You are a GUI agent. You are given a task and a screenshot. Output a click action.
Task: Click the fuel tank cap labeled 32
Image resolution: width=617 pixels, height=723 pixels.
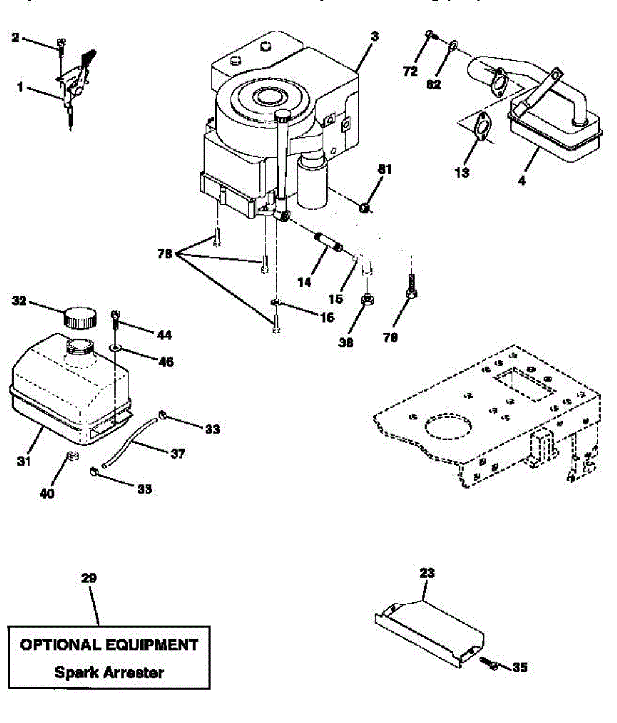[x=80, y=317]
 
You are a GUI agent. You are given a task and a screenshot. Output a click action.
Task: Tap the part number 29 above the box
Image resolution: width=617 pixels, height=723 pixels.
[x=89, y=578]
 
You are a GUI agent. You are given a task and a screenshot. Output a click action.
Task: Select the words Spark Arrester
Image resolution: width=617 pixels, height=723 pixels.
[x=109, y=672]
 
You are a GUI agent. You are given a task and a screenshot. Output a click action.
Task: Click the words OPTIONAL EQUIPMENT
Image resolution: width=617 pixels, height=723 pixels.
[x=109, y=645]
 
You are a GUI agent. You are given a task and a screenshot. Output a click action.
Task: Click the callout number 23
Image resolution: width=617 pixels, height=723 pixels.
[x=427, y=572]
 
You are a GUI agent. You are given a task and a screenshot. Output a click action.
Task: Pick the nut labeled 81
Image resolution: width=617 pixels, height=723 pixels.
[x=365, y=208]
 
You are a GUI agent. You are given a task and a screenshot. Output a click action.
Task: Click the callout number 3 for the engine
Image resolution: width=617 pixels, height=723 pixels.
[x=375, y=37]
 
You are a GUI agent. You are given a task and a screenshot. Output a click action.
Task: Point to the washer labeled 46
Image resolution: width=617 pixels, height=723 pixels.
[x=114, y=348]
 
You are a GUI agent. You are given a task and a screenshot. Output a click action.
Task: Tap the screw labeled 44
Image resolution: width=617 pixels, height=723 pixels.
[x=116, y=319]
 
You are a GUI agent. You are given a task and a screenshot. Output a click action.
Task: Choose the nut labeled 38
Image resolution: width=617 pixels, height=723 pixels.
[x=365, y=299]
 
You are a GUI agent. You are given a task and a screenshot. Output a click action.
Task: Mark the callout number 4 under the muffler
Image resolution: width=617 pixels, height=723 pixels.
[x=521, y=179]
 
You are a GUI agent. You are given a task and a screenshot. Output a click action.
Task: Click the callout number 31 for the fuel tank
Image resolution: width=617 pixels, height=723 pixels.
[x=24, y=461]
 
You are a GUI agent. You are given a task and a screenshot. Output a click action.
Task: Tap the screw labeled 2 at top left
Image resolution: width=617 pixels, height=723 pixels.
[x=61, y=44]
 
